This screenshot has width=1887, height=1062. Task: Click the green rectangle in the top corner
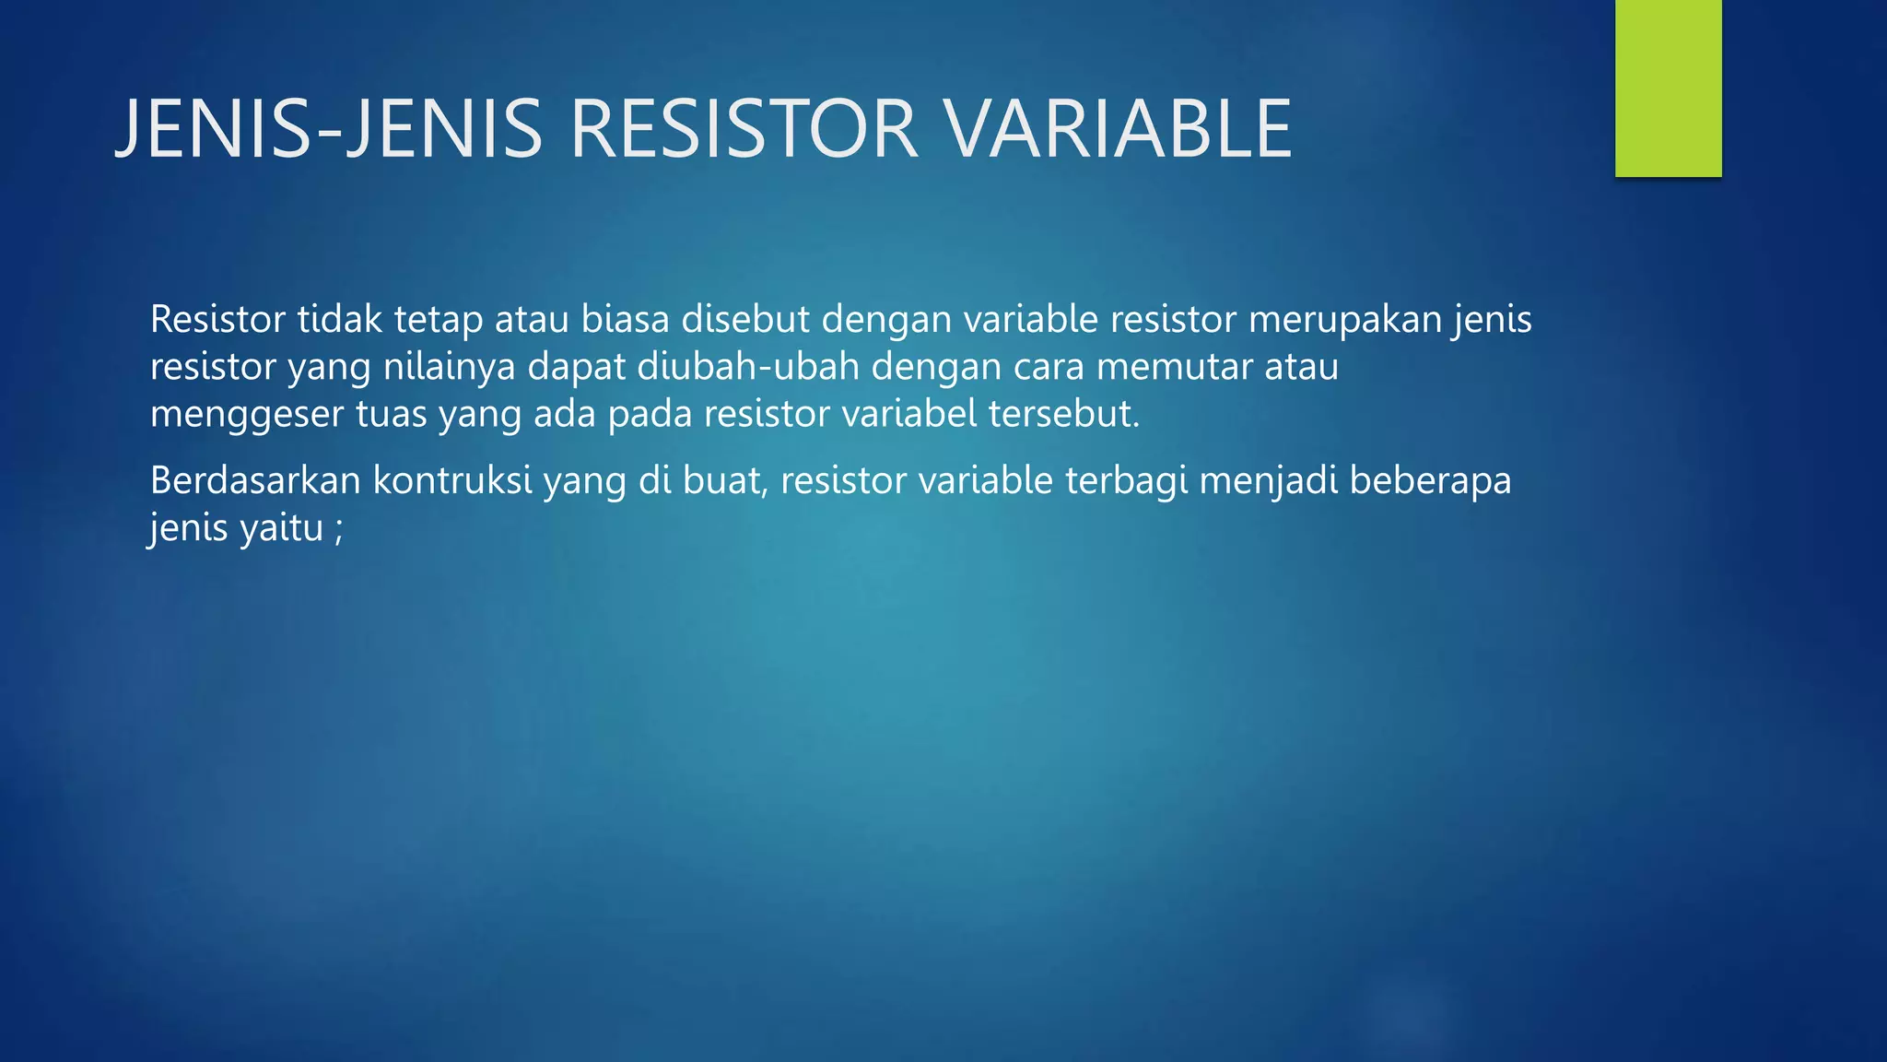pyautogui.click(x=1668, y=88)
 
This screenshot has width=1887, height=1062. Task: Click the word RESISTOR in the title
pyautogui.click(x=744, y=129)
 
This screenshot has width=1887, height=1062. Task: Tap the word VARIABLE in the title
pyautogui.click(x=1119, y=129)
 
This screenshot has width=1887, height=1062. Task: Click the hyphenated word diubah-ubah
pyautogui.click(x=747, y=367)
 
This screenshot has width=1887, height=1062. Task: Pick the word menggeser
pyautogui.click(x=246, y=415)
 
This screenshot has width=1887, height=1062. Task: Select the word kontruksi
pyautogui.click(x=451, y=480)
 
